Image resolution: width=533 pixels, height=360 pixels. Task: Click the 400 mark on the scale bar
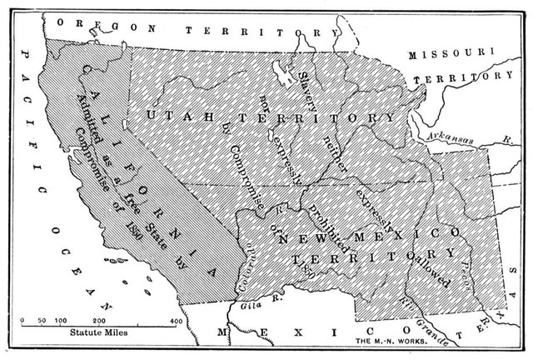coord(176,320)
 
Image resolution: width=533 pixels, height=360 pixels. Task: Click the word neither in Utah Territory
coord(336,154)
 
